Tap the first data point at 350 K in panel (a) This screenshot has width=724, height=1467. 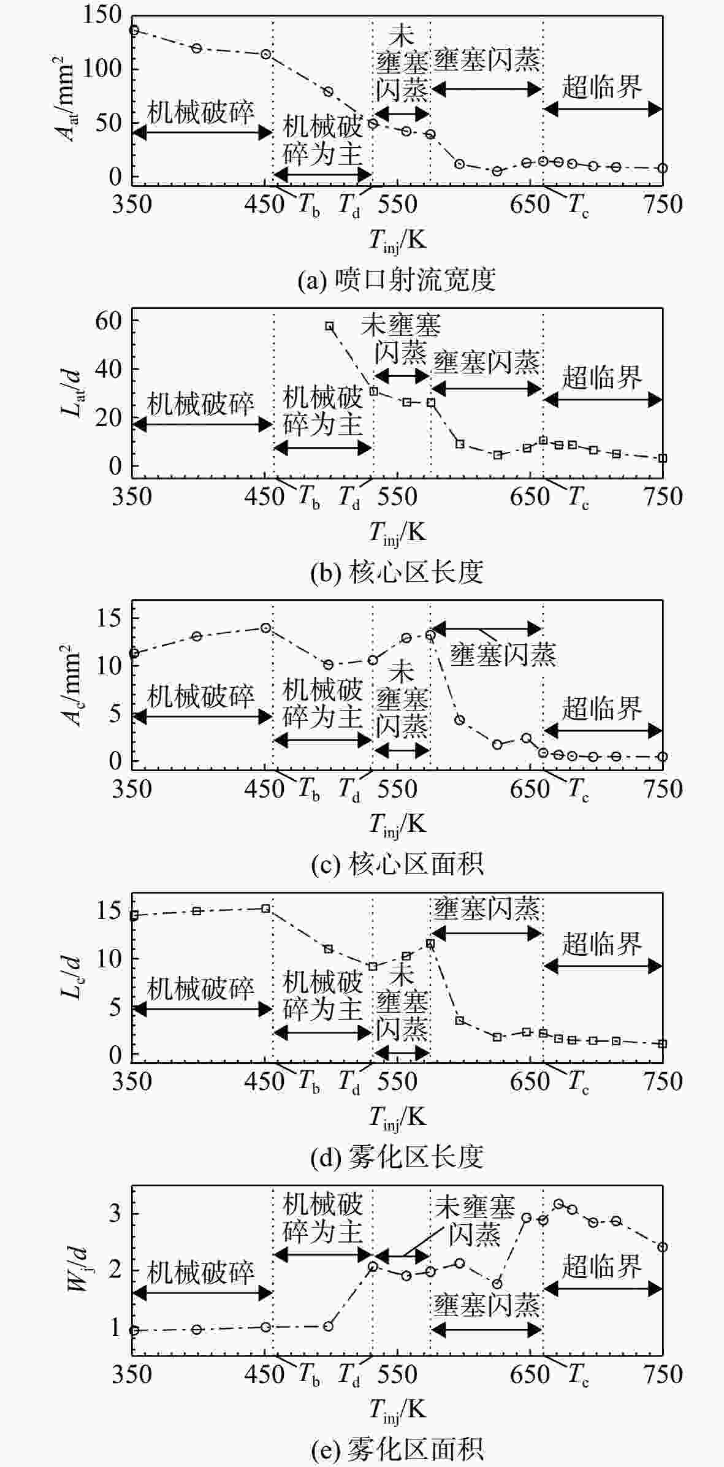134,30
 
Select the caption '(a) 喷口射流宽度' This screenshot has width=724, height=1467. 397,280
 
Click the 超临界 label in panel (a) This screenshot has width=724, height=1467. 602,88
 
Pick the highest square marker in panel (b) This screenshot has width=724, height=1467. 329,326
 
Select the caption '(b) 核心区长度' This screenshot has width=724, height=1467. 397,571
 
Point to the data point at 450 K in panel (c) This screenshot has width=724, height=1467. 265,628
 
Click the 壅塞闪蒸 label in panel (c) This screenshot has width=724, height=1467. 503,655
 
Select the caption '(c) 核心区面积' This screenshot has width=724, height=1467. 397,864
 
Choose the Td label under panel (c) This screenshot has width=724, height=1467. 349,789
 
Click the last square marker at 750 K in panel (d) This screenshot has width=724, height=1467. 662,1043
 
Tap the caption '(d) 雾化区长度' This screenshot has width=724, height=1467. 397,1157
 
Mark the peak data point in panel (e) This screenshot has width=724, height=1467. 558,1204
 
